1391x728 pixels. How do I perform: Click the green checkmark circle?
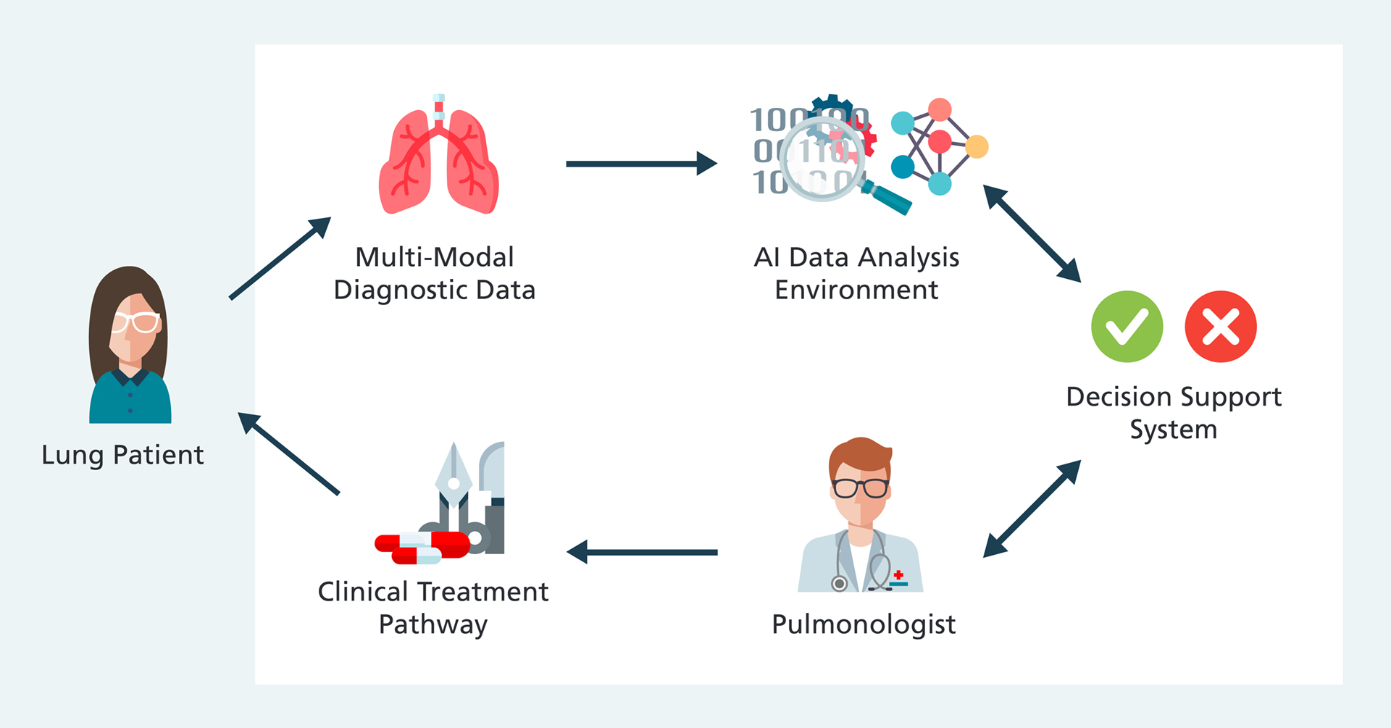coord(1127,327)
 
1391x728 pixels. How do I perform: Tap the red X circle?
coord(1221,327)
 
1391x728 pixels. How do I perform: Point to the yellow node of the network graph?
coord(977,146)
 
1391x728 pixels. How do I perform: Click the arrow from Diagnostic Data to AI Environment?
coord(640,164)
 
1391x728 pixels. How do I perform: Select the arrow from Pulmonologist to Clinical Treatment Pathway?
coord(642,552)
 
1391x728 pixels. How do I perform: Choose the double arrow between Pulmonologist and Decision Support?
coord(1032,509)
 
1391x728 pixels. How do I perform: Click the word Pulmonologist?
coord(864,624)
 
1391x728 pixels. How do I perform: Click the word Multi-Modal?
coord(435,257)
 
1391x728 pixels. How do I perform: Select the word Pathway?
coord(433,625)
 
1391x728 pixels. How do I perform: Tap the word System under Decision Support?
coord(1174,430)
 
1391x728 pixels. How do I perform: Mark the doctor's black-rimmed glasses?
coord(860,488)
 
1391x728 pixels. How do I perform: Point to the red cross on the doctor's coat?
coord(898,575)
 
